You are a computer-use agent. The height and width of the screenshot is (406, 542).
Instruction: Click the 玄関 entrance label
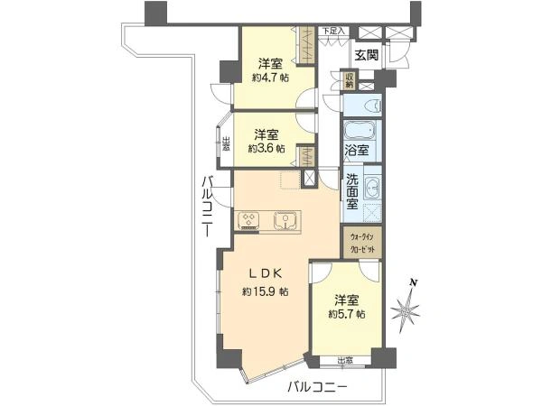[366, 55]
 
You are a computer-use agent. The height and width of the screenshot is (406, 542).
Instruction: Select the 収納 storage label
[350, 80]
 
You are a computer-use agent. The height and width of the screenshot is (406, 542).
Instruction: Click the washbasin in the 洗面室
[374, 190]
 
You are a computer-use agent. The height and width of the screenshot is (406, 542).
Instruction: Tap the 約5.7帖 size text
[347, 314]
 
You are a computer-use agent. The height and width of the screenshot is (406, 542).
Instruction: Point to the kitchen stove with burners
[250, 218]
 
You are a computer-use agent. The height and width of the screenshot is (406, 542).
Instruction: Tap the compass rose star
[407, 312]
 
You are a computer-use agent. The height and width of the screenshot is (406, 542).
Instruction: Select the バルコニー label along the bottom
[317, 388]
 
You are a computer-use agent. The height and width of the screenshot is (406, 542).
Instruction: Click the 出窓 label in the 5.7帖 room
[345, 362]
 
